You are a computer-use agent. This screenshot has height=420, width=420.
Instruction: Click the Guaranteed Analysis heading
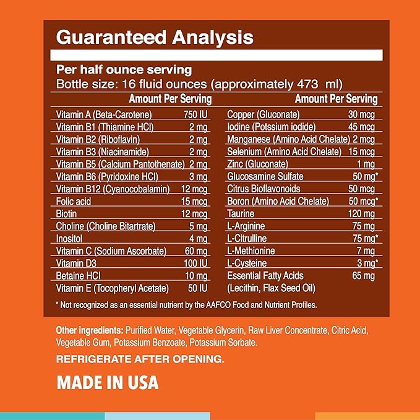tap(155, 37)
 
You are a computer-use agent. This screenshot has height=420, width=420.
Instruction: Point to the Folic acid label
tap(73, 201)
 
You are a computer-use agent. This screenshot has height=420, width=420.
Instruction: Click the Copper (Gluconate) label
tap(264, 114)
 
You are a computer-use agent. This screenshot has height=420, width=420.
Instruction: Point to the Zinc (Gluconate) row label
tap(257, 164)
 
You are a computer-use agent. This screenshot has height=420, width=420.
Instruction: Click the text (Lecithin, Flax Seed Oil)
tap(272, 288)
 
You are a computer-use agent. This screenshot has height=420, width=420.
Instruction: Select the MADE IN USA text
tap(108, 382)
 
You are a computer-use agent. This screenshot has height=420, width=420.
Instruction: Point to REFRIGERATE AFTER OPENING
tap(140, 359)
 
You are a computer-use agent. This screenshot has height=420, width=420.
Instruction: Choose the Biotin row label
tap(66, 213)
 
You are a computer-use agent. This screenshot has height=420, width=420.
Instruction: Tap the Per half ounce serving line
tap(124, 70)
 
